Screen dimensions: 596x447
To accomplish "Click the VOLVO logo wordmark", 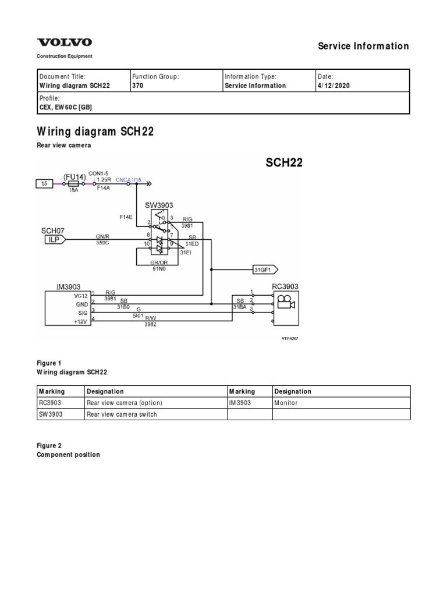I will coord(65,42).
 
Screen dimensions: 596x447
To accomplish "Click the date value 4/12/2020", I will coord(334,86).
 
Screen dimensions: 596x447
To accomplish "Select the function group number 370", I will coord(137,86).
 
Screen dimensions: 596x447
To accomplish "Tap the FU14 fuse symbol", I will coord(74,183).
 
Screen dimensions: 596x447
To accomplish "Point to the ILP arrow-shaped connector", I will coord(52,239).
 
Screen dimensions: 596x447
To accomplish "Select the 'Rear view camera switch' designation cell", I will coord(122,414).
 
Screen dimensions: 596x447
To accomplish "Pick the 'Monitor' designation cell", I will coord(286,403).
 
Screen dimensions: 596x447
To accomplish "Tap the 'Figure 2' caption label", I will coord(49,446).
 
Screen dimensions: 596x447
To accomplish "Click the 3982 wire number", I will coord(151,324).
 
